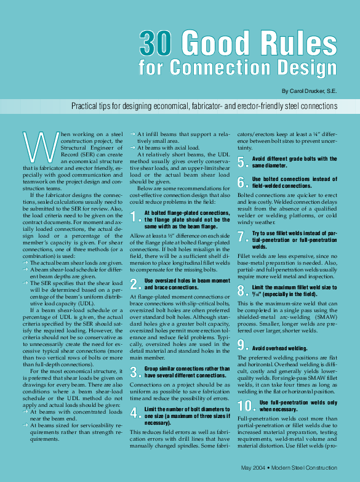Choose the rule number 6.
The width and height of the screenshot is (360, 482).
(x=242, y=182)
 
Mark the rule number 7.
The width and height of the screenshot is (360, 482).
(x=242, y=236)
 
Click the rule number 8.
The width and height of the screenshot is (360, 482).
(x=242, y=291)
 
